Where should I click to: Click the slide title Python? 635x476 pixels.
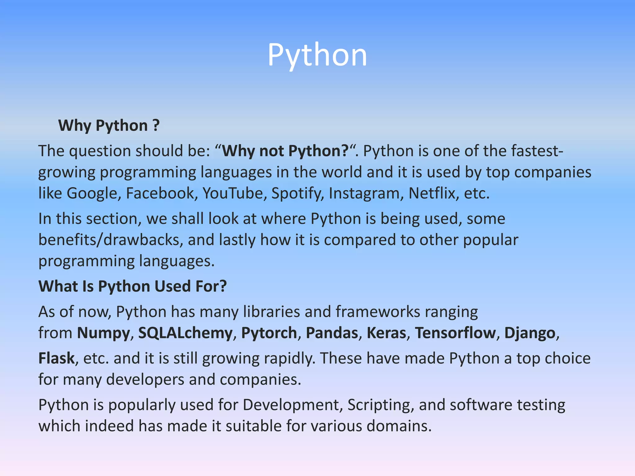click(x=317, y=55)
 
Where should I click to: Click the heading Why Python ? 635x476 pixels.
click(x=109, y=126)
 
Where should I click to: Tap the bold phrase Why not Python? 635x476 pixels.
click(x=286, y=151)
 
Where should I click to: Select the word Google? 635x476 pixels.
click(x=92, y=193)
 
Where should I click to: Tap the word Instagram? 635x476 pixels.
click(x=366, y=193)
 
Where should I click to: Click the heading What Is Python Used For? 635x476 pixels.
click(x=133, y=286)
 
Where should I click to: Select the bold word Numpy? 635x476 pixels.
click(x=104, y=333)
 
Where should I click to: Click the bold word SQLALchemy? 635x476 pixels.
click(x=185, y=333)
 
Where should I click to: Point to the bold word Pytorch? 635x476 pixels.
click(x=269, y=333)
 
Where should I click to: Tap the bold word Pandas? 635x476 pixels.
click(x=332, y=333)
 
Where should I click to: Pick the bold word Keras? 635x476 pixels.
click(x=387, y=333)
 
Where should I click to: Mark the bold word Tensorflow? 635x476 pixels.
click(x=455, y=333)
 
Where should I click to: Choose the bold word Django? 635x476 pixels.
click(x=530, y=333)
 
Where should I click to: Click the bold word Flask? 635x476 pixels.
click(x=56, y=359)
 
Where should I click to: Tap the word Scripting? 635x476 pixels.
click(x=380, y=405)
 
